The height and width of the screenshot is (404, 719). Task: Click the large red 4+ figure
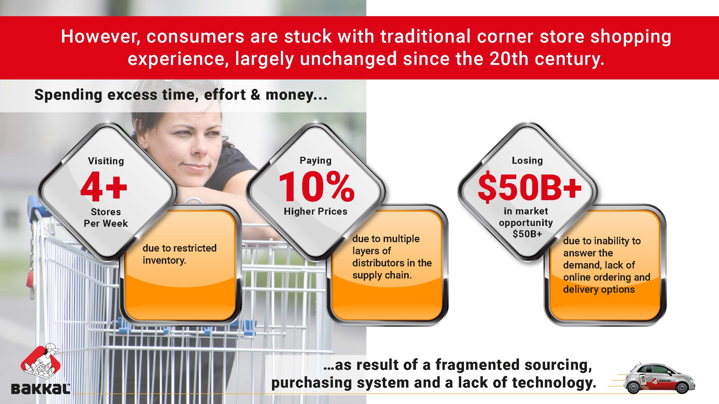pyautogui.click(x=104, y=186)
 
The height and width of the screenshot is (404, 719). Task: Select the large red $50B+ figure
pyautogui.click(x=529, y=187)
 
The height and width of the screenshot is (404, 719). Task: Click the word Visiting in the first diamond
pyautogui.click(x=106, y=161)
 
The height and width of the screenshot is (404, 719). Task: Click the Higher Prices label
pyautogui.click(x=315, y=211)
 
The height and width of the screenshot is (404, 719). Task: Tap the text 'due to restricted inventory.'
pyautogui.click(x=180, y=254)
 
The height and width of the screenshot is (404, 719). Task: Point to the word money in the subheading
pyautogui.click(x=290, y=95)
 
